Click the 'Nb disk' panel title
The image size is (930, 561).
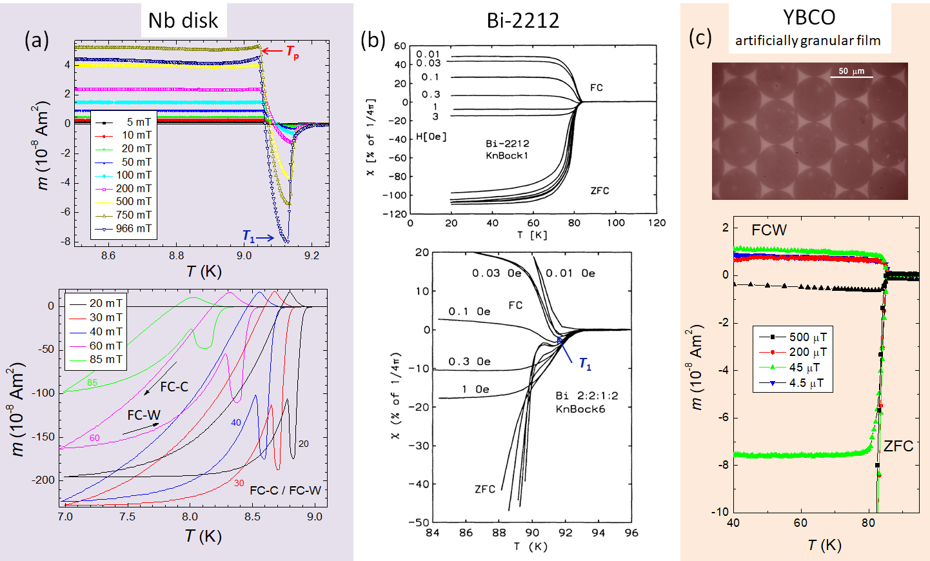point(183,21)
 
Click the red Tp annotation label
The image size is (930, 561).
point(292,52)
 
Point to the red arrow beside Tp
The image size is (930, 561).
point(272,50)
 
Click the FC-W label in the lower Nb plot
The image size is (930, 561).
point(143,415)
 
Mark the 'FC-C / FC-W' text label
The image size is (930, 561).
point(285,490)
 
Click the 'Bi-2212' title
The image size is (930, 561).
point(522,21)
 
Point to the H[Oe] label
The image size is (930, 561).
point(431,137)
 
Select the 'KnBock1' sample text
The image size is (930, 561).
point(507,155)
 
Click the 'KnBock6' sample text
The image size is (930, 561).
point(580,409)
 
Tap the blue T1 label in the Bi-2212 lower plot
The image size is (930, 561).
point(585,364)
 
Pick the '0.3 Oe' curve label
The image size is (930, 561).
point(470,361)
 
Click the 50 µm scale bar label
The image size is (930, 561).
point(851,71)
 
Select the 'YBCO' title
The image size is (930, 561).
point(809,17)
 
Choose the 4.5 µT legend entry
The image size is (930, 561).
point(806,383)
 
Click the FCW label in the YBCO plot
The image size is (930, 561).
point(769,230)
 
